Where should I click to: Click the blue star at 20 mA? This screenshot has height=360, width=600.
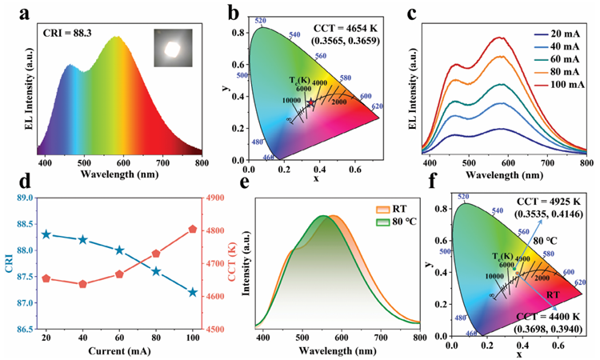(x=46, y=234)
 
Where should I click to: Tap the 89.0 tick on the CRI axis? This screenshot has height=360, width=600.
(x=23, y=198)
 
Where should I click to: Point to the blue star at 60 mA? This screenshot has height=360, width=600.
(x=120, y=250)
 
